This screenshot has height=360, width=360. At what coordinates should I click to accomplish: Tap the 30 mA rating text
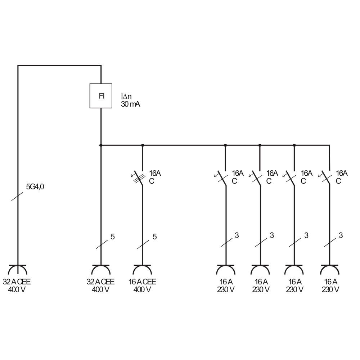pos(130,104)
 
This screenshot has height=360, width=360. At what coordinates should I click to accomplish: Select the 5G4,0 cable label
pos(35,186)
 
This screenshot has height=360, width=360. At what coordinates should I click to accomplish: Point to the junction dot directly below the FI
pos(100,145)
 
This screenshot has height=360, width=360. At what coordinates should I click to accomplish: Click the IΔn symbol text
pos(126,96)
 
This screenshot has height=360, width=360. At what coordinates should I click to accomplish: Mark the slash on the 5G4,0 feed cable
pos(17,196)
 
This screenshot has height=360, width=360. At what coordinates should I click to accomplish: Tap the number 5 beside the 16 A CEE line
pos(155,237)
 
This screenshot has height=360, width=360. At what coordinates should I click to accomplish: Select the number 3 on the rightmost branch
pos(341,235)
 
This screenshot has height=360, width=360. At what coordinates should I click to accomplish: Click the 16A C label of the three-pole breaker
pos(155,177)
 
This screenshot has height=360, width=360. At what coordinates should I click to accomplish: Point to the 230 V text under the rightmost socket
pos(330,289)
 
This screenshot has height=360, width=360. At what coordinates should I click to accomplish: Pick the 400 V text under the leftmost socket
pos(17,289)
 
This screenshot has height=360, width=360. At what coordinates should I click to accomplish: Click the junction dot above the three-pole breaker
pos(143,145)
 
